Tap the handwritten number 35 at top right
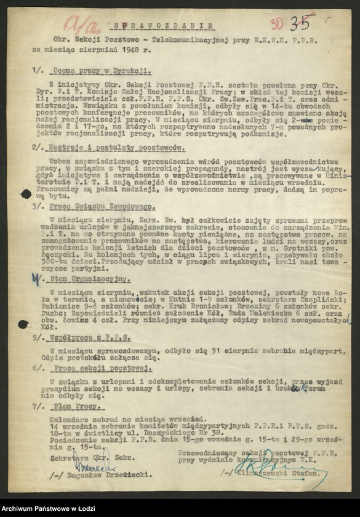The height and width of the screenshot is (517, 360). [300, 23]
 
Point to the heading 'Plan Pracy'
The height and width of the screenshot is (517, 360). [68, 407]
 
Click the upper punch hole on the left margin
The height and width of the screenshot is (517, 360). [26, 194]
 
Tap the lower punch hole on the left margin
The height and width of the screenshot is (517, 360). [23, 324]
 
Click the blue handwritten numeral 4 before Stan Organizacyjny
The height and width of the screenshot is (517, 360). [38, 279]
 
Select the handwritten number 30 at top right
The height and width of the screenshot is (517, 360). [276, 25]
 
